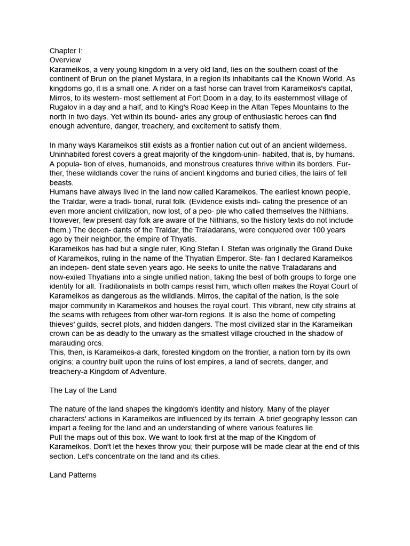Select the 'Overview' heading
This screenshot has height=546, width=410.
65,60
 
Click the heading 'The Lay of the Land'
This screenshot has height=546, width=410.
83,390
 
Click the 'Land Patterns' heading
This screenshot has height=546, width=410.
73,475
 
